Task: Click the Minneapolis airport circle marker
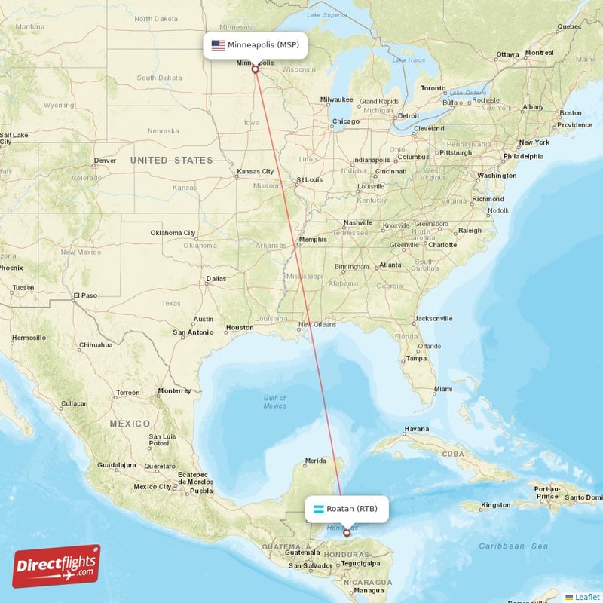(255, 70)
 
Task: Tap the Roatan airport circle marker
(347, 533)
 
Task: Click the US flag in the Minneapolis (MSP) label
(218, 45)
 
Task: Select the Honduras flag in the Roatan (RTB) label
(318, 508)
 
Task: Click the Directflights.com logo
(57, 566)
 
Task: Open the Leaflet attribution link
(586, 597)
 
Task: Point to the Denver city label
(105, 161)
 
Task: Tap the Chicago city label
(346, 121)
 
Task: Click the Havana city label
(417, 429)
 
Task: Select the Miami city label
(444, 389)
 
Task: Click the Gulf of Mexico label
(274, 402)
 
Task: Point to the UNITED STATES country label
(171, 161)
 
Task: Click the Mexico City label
(152, 486)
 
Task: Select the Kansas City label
(254, 172)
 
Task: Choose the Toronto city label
(433, 88)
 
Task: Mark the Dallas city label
(216, 279)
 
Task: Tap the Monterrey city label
(175, 391)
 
